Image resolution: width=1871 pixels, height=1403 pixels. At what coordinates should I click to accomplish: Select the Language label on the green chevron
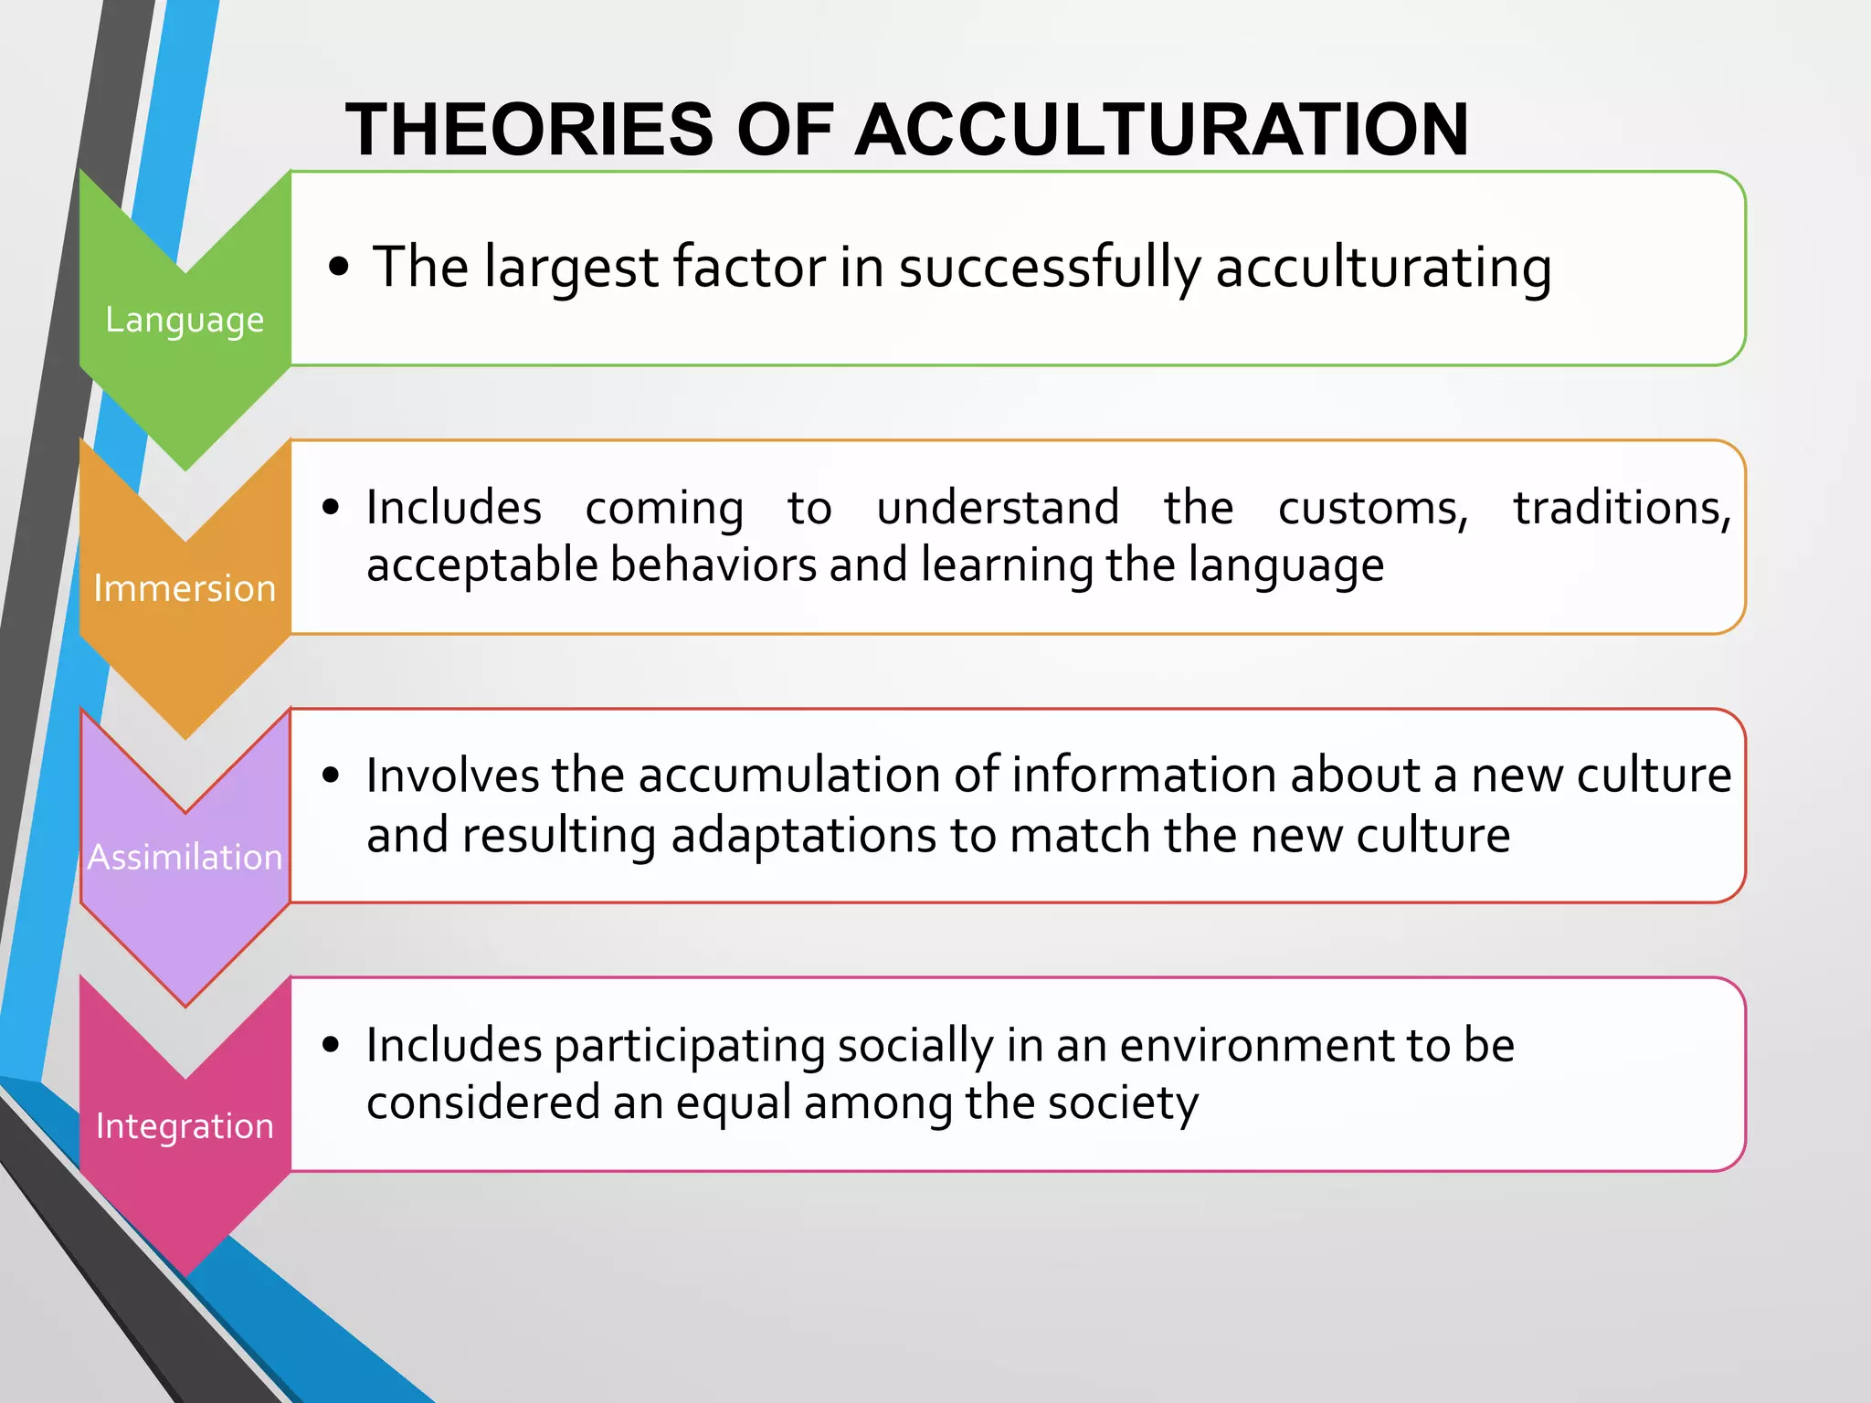[185, 321]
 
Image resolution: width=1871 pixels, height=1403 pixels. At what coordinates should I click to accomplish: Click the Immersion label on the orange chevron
[185, 589]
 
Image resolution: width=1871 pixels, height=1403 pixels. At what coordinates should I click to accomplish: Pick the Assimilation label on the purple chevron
[185, 858]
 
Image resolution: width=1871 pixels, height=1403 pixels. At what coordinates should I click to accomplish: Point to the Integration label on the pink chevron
[185, 1126]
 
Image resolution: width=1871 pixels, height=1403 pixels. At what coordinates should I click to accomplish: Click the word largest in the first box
[571, 269]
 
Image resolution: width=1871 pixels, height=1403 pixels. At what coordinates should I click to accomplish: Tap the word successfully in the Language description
[1050, 269]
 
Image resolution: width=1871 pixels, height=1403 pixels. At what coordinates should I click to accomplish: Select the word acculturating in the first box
[1383, 269]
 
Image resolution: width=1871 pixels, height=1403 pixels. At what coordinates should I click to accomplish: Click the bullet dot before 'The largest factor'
[339, 267]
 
